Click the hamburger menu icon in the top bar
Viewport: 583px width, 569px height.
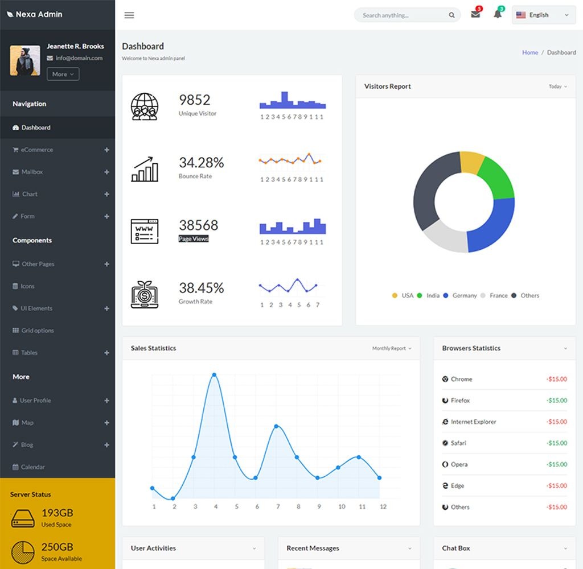(x=129, y=15)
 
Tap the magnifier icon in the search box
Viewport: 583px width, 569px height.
(x=451, y=15)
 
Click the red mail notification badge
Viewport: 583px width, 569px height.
(x=479, y=9)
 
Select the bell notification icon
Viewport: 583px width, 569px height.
(x=498, y=15)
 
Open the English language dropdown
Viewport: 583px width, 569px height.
(x=543, y=15)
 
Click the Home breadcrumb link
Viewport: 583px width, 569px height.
(x=530, y=52)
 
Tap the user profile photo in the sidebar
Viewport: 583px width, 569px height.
(x=25, y=61)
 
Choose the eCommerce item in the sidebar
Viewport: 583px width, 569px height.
(x=37, y=150)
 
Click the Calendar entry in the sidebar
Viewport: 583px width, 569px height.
(x=32, y=467)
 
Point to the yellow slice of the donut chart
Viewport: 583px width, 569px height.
(x=471, y=162)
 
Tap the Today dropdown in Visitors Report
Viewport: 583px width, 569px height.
(x=557, y=86)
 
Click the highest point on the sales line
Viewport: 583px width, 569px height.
(x=215, y=375)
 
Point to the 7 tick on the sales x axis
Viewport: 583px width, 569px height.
(x=278, y=506)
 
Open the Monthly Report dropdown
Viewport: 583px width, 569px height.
(x=391, y=348)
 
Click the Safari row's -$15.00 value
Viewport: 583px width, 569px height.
(x=556, y=443)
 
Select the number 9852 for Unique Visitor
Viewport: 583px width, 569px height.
(x=195, y=100)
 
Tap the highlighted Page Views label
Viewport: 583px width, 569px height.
(x=194, y=239)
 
